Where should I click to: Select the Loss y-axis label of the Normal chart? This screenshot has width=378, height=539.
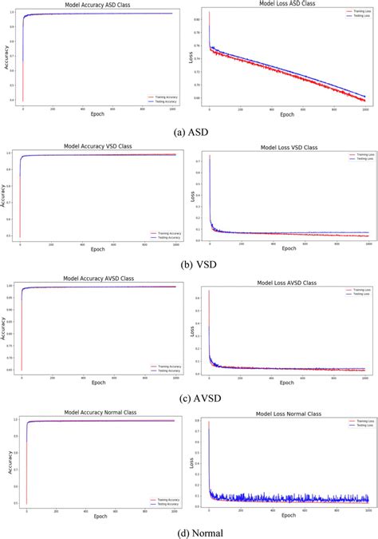coord(191,461)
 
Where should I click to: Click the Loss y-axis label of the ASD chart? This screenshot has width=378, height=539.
coord(191,57)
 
